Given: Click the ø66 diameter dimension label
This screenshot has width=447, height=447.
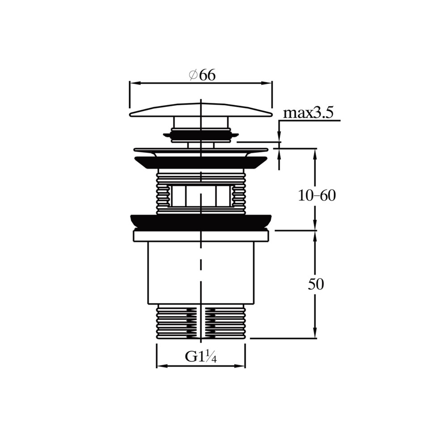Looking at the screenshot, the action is [202, 75].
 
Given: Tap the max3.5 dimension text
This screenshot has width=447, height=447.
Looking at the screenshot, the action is [308, 113].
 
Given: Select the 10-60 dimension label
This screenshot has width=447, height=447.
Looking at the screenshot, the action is [317, 196].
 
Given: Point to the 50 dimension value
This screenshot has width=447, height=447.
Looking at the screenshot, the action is [316, 284].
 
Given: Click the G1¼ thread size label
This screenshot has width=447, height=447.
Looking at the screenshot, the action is [201, 356].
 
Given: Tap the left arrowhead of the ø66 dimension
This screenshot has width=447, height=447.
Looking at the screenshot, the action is [134, 83].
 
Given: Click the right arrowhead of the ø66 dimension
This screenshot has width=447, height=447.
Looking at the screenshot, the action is [267, 83].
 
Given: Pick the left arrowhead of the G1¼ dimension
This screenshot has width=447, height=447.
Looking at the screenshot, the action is [161, 366].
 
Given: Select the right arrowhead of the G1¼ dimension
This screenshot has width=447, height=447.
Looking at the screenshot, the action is [241, 366].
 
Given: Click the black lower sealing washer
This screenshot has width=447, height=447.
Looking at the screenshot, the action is [201, 222].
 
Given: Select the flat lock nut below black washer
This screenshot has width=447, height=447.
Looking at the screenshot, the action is [201, 236].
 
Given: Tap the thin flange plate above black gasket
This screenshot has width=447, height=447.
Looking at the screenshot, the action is [201, 149].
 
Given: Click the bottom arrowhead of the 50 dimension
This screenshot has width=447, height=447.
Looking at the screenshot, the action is [315, 333].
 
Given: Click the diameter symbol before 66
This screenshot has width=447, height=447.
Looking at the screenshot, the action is [193, 75].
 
